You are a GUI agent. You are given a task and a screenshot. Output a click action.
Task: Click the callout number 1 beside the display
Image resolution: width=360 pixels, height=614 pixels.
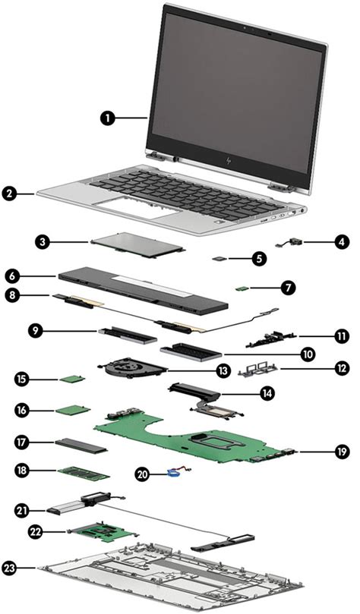[x=109, y=118]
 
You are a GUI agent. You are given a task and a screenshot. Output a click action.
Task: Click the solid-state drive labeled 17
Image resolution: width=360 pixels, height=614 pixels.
[x=79, y=443]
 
